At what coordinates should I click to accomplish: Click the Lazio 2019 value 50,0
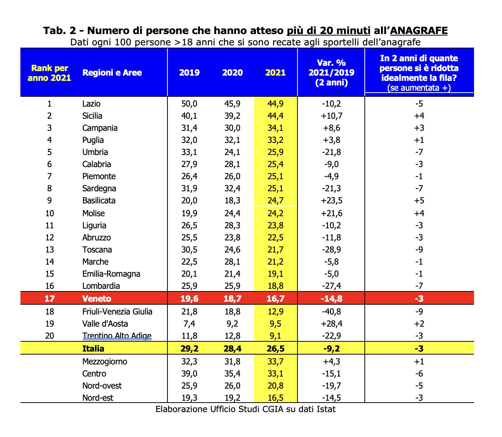pos(189,104)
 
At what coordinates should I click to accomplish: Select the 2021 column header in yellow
pos(276,73)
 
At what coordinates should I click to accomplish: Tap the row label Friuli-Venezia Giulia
pos(117,311)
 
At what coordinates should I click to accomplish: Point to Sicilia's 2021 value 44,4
pos(276,116)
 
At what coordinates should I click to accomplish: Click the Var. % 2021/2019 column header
pos(332,73)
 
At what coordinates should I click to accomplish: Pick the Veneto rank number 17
pos(49,299)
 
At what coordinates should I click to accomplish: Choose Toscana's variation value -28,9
pos(332,249)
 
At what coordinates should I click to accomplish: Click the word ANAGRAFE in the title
pos(419,31)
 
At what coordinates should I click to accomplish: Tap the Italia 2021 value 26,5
pos(276,349)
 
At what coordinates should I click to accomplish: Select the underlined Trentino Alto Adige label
pos(117,336)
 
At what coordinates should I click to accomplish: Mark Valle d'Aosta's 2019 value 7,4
pos(189,324)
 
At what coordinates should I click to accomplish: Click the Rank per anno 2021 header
pos(49,73)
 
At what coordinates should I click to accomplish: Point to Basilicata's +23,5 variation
pos(332,200)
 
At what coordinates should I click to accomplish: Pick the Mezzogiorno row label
pos(105,362)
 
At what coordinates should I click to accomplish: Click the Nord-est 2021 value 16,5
pos(276,398)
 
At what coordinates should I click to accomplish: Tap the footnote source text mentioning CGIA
pos(246,409)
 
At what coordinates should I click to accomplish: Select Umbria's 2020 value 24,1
pos(232,152)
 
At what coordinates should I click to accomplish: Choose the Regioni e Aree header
pos(112,73)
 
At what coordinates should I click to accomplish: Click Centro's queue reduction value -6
pos(419,374)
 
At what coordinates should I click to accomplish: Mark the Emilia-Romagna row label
pos(111,274)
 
